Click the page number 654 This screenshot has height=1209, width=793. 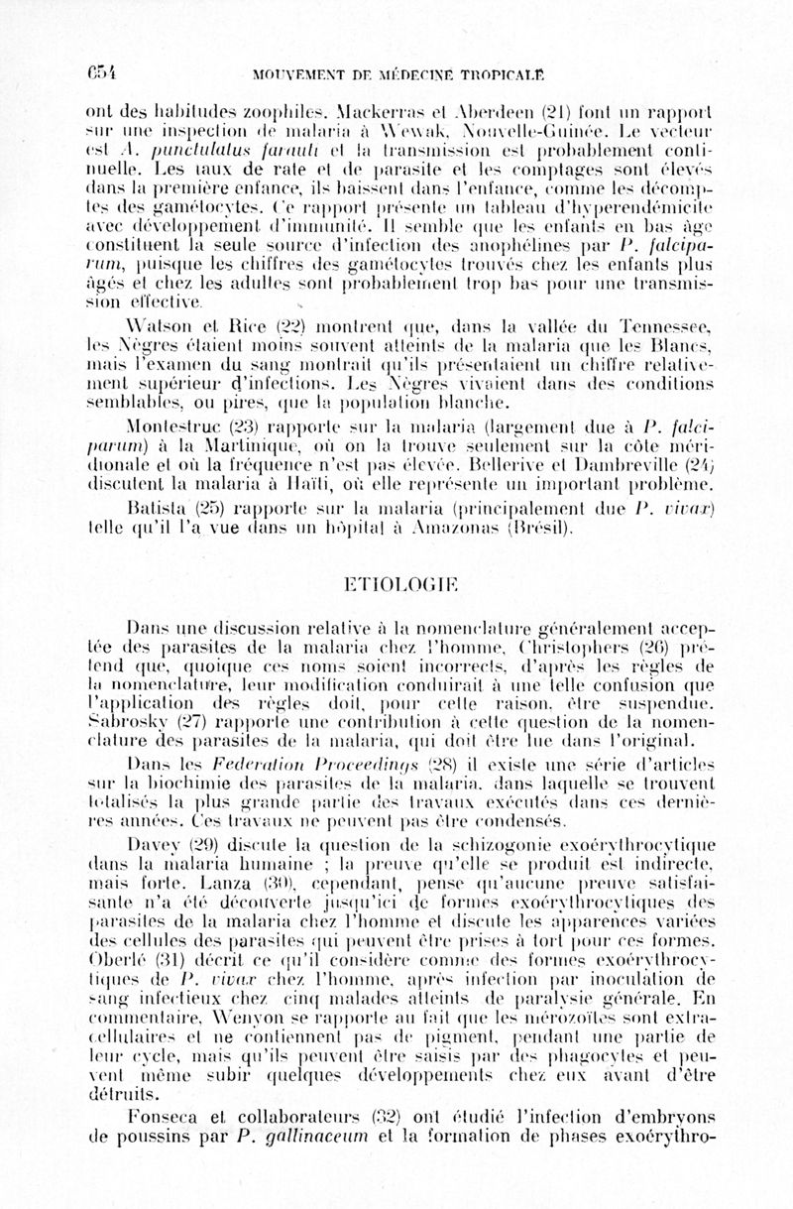click(101, 71)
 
